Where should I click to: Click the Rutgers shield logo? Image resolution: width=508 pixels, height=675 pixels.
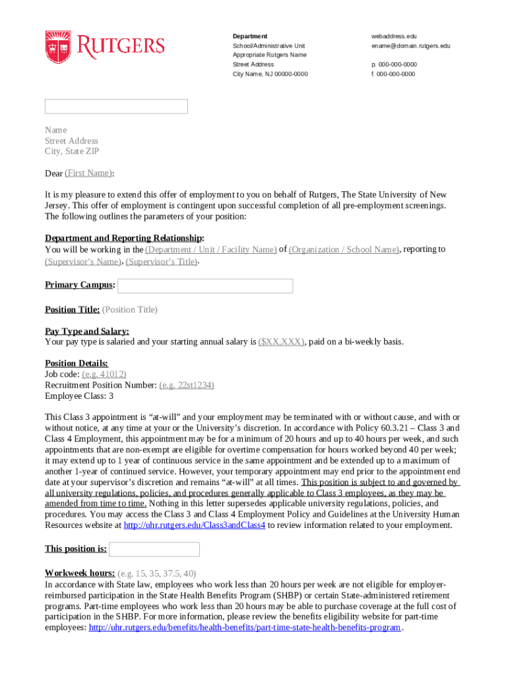[57, 47]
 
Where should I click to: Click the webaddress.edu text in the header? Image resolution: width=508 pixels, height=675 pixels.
[394, 36]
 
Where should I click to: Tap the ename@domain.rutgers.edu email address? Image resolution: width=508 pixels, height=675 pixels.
[410, 46]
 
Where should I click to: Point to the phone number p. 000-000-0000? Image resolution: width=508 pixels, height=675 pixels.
[394, 65]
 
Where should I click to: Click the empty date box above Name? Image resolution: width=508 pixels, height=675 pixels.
[116, 106]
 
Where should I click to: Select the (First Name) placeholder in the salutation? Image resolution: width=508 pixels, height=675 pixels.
[88, 173]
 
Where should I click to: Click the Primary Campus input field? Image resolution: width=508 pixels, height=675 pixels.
[205, 285]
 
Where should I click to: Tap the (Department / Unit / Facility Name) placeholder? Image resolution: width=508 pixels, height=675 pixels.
[210, 250]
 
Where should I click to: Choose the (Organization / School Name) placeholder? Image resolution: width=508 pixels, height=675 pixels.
[344, 250]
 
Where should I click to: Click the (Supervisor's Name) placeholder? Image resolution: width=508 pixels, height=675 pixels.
[83, 262]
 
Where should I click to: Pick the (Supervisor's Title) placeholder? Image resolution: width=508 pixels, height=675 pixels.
[162, 262]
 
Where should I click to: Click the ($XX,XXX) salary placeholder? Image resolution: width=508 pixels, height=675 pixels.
[281, 342]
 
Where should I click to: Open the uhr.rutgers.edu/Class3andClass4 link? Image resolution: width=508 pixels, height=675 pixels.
[195, 525]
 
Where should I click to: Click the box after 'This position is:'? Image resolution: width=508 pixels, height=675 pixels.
[154, 549]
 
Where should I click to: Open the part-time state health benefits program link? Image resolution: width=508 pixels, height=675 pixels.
[245, 628]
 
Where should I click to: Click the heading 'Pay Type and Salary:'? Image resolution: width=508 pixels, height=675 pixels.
[87, 332]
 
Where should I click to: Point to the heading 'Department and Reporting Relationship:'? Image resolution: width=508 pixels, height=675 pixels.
[124, 238]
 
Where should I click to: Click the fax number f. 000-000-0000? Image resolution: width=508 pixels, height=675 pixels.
[393, 74]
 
